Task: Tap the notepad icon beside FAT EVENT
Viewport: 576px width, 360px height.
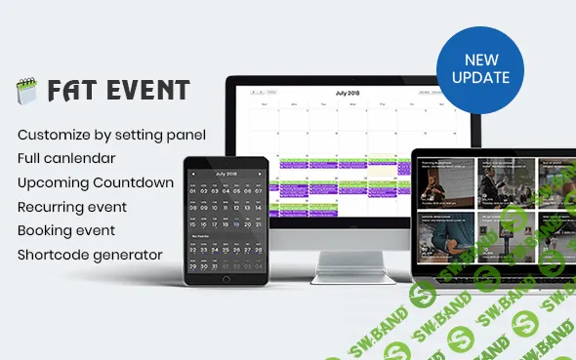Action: [25, 93]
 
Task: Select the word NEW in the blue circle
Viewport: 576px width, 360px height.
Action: [480, 60]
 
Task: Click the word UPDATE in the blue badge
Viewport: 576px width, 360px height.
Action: [480, 76]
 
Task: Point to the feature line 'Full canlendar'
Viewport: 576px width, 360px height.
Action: [66, 157]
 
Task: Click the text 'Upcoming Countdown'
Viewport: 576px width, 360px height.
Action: [95, 182]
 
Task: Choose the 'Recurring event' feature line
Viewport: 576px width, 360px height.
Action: [71, 207]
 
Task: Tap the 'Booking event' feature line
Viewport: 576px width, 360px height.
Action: [65, 231]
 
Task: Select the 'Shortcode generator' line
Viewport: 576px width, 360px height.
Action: [89, 256]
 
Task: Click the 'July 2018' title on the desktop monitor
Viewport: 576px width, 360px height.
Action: [348, 93]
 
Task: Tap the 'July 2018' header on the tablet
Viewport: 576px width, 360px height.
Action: [226, 173]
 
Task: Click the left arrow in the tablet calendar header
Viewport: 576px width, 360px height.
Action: [193, 174]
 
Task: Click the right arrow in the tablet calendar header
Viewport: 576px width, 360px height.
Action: [259, 174]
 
